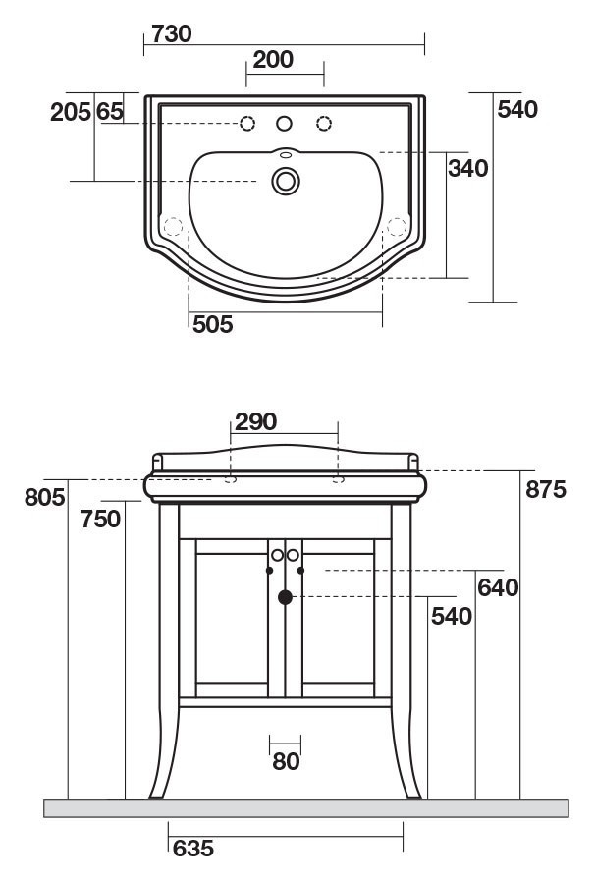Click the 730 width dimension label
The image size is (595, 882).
(x=171, y=33)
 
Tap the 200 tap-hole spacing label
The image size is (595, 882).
(x=273, y=60)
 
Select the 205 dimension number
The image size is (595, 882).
(x=70, y=112)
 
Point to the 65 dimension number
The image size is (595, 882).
(x=110, y=112)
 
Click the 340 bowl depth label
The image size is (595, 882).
(x=467, y=168)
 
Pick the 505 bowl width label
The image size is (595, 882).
(x=212, y=325)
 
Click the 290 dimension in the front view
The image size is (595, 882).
(x=256, y=422)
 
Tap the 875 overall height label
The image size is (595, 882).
(x=545, y=489)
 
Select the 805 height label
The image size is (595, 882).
(x=44, y=497)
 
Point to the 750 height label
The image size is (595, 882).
(x=101, y=519)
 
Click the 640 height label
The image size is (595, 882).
(x=497, y=588)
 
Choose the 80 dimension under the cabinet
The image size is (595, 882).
(x=286, y=761)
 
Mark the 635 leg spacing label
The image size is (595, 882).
(x=192, y=848)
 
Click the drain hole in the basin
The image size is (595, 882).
(x=285, y=180)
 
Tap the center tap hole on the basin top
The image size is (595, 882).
(x=285, y=124)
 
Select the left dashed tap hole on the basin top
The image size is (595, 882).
(x=247, y=124)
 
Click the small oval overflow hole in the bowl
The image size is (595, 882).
(x=285, y=154)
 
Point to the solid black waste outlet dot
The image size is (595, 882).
(x=285, y=596)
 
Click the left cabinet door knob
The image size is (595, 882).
(x=278, y=555)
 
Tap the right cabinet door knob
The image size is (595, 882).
(x=293, y=555)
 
